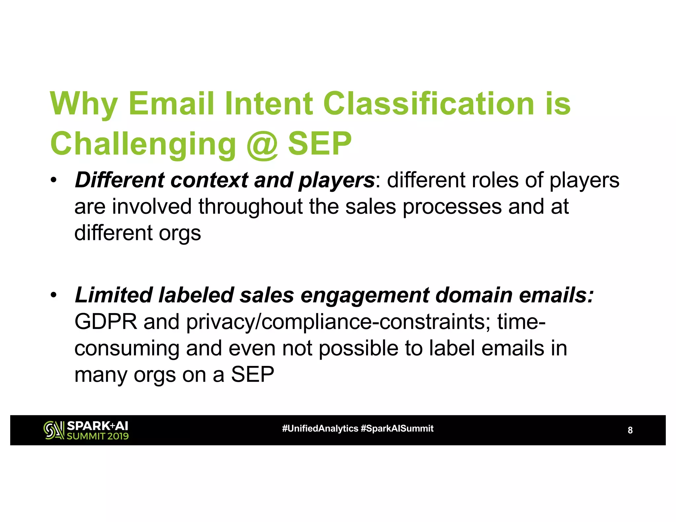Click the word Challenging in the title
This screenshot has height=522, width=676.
(x=143, y=144)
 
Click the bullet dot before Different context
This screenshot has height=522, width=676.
(x=54, y=181)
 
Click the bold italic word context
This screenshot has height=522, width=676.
(x=209, y=180)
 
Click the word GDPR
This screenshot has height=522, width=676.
(x=106, y=322)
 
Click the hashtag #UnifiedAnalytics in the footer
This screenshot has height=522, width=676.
(x=320, y=429)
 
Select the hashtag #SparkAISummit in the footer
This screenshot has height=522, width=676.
(x=397, y=429)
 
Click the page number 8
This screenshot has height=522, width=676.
(x=630, y=430)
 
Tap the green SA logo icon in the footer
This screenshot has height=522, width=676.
(x=54, y=430)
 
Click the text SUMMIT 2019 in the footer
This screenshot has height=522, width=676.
(x=98, y=436)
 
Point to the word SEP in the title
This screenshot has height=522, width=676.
(x=320, y=144)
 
